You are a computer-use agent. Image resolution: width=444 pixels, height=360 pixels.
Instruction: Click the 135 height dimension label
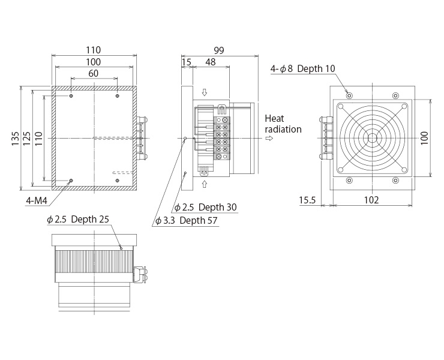15,138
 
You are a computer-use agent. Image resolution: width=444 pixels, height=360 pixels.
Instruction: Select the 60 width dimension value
93,73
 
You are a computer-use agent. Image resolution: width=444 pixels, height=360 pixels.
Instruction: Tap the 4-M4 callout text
37,200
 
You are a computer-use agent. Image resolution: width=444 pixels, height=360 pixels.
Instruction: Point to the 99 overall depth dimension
219,50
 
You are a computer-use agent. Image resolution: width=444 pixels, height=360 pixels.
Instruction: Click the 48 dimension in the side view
211,62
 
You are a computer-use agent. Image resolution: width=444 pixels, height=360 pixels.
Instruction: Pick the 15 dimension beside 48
187,62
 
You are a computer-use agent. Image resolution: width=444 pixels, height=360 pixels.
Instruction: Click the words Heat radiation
283,124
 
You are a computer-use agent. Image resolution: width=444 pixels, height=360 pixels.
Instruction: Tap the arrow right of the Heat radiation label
269,138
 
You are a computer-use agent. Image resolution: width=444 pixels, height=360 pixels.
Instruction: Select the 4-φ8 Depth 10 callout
303,68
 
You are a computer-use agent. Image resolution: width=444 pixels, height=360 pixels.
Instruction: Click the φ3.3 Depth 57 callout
187,220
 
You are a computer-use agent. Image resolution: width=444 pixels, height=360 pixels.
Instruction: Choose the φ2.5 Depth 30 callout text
205,208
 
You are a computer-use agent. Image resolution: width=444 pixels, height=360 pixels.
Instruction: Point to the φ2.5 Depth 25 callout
78,219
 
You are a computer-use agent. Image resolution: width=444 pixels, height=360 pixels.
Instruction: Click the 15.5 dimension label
307,200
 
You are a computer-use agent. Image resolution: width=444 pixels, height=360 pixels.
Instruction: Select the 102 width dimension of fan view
371,200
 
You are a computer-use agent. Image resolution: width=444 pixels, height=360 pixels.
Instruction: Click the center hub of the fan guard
372,138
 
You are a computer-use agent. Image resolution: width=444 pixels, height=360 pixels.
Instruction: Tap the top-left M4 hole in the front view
71,96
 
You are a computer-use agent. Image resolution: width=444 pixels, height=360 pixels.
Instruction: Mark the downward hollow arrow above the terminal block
204,92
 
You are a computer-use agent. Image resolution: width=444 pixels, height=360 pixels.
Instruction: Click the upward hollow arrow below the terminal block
204,184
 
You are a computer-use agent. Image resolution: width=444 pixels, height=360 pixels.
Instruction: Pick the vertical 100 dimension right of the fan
424,138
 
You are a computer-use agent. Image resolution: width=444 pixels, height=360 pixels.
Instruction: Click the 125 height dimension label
27,138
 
